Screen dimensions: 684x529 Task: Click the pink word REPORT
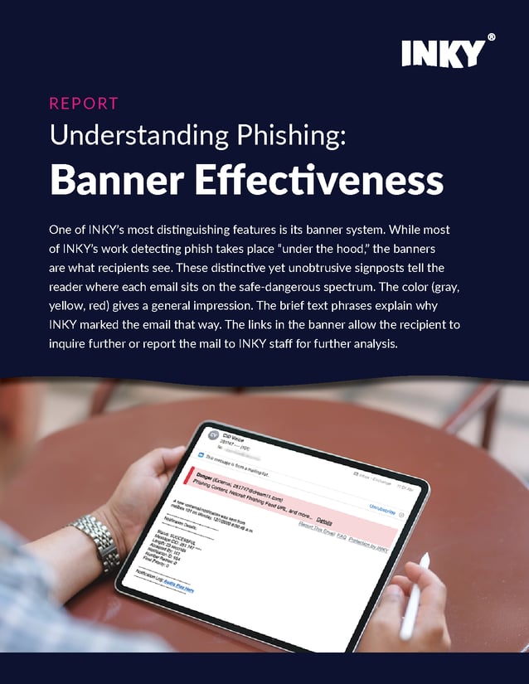click(x=84, y=104)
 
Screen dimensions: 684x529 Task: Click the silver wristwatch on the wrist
click(x=97, y=543)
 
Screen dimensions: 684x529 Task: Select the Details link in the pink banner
click(x=324, y=521)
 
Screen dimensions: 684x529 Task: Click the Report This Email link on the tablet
click(x=318, y=534)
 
